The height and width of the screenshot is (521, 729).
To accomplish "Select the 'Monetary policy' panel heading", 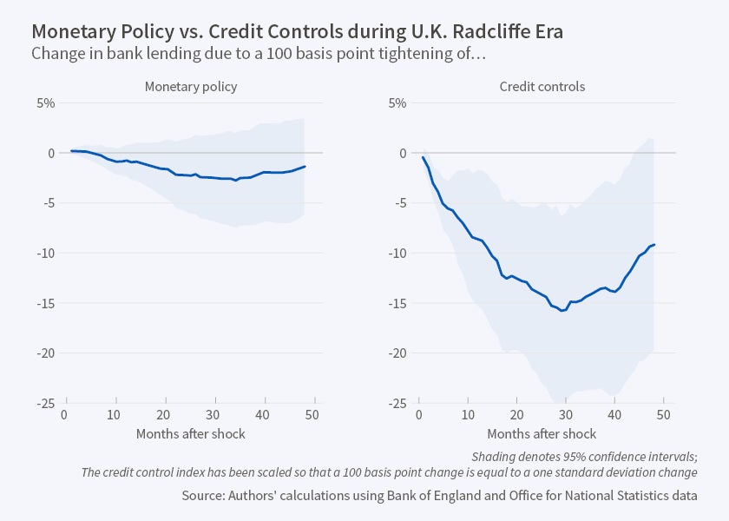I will pos(191,87).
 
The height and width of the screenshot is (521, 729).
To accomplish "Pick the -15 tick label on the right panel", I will pos(395,303).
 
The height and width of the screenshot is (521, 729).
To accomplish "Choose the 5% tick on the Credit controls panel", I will pos(397,102).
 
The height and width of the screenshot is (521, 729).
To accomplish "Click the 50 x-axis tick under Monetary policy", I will pos(314,414).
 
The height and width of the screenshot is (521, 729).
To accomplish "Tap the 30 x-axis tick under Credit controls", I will pos(565,414).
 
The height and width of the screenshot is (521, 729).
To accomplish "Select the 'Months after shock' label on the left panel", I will pos(190,433).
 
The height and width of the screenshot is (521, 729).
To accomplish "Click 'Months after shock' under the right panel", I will pos(542,433).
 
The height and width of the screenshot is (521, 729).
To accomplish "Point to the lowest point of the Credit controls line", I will pos(563,310).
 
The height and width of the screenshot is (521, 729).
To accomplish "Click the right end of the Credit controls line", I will pos(653,245).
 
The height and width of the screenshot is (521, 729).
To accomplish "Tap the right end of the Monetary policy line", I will pos(305,166).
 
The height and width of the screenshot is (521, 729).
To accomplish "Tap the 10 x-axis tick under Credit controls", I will pos(468,414).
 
